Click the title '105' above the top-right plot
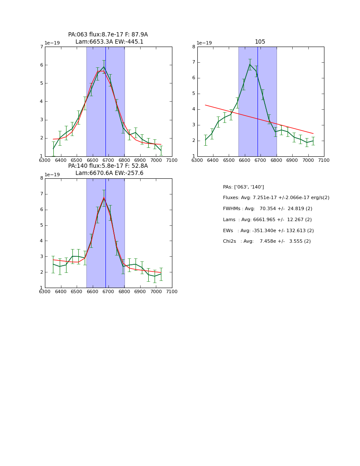coord(260,42)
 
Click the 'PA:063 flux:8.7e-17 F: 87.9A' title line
coord(108,35)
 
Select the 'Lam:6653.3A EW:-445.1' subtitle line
coord(109,42)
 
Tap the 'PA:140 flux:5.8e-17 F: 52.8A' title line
coord(108,166)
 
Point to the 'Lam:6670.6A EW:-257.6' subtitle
coord(109,173)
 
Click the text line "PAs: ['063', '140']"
coord(243,187)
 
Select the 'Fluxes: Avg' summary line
coord(276,198)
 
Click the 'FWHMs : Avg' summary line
coord(267,209)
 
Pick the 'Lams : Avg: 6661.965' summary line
coord(267,220)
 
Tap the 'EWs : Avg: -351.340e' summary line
coord(268,231)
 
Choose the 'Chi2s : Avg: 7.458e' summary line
coord(266,241)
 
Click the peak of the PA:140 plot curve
coord(104,197)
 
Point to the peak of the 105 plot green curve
coord(250,64)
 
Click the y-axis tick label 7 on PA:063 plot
coord(42,47)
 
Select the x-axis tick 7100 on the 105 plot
coord(324,161)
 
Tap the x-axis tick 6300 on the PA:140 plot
coord(45,292)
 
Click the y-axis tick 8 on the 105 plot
coord(194,47)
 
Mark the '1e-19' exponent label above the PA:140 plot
coord(53,175)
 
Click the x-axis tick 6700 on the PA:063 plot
coord(108,161)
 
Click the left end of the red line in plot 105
coord(205,105)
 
